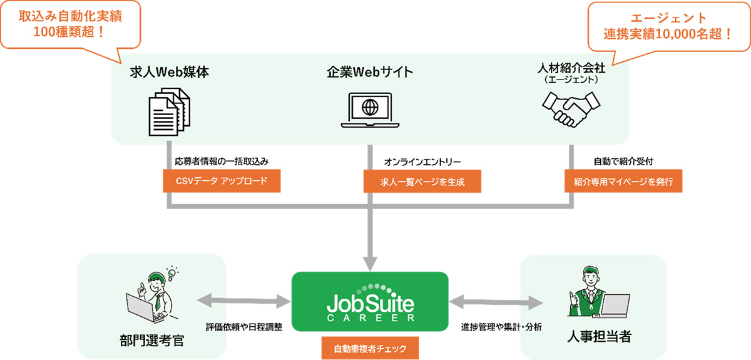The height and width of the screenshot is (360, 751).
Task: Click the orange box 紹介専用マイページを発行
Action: click(623, 182)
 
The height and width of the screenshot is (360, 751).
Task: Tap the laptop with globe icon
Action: click(370, 110)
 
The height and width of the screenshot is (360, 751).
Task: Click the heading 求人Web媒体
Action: click(169, 71)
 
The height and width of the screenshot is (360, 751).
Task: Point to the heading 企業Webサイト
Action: click(370, 71)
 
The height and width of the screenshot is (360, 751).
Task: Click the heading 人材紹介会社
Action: click(571, 68)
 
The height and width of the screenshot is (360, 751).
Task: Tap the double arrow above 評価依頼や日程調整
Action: click(245, 304)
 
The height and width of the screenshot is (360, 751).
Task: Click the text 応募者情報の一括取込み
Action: click(222, 162)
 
